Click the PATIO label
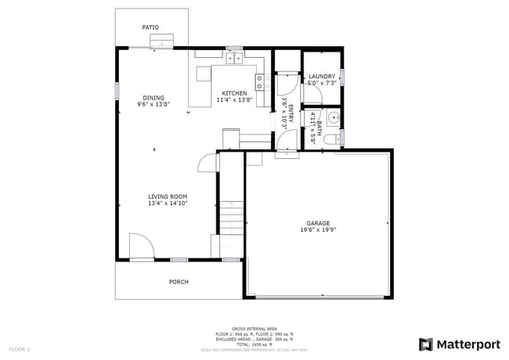click(150, 27)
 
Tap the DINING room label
click(153, 98)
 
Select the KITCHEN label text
click(234, 93)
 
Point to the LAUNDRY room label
click(322, 77)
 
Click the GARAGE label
click(317, 223)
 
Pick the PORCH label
click(179, 282)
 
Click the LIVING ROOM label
click(168, 196)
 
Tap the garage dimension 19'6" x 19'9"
click(317, 230)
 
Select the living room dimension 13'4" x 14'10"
click(168, 203)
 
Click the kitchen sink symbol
click(233, 57)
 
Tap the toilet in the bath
click(332, 139)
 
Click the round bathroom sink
click(333, 119)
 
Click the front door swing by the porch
click(140, 246)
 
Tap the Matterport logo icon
click(426, 344)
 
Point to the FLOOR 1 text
click(20, 348)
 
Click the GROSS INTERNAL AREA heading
click(254, 329)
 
